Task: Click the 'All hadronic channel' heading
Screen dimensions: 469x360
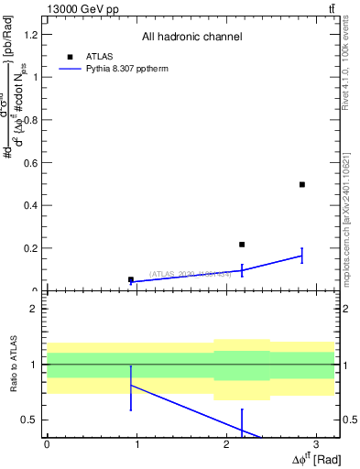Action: pos(191,37)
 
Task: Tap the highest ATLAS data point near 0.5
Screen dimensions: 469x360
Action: pos(302,184)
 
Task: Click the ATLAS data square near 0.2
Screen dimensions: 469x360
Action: pos(242,245)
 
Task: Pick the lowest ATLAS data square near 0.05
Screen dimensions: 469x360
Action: pos(131,279)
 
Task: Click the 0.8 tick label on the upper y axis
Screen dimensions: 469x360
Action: pos(33,120)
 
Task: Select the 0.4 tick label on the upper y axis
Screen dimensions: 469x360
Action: pos(33,205)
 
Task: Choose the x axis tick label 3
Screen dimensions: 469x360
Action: pos(315,443)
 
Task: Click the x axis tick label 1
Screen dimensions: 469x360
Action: pos(136,443)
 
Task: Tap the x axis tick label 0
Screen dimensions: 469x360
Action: pos(47,443)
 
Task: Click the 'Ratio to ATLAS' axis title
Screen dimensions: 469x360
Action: pos(13,364)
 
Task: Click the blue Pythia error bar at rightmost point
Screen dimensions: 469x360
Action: pos(302,256)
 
